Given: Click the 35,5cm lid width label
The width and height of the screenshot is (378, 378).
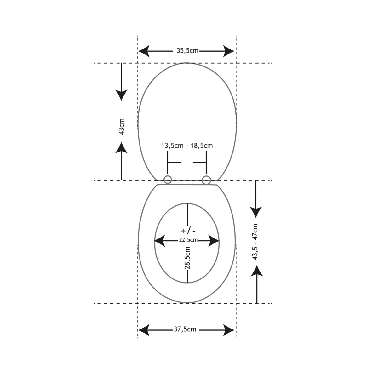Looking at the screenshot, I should point(187,51).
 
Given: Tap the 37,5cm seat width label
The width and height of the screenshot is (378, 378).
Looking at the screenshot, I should point(185,329).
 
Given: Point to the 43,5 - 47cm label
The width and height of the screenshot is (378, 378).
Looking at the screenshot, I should point(255,242).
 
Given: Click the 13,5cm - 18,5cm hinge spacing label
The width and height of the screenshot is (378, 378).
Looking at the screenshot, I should point(187,146).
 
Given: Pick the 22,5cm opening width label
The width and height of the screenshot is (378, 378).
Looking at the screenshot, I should point(188,240).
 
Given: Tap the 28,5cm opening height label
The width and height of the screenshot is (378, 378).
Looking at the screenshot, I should point(187,258).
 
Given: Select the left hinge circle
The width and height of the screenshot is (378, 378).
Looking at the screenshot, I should point(168,180).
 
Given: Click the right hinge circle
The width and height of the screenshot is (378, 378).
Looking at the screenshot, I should point(206,180).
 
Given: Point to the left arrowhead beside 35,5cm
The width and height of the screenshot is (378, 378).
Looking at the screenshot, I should point(144,51).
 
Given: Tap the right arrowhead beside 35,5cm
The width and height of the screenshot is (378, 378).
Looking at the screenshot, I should point(229,51).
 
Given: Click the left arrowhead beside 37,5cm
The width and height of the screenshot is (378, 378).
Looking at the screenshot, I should point(144,330).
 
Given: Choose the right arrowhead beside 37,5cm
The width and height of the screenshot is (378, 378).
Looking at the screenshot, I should point(229,330).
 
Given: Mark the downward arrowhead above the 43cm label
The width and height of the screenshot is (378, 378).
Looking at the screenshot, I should point(121,94).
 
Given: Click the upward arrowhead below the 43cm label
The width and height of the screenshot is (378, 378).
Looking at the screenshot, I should point(121,147).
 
